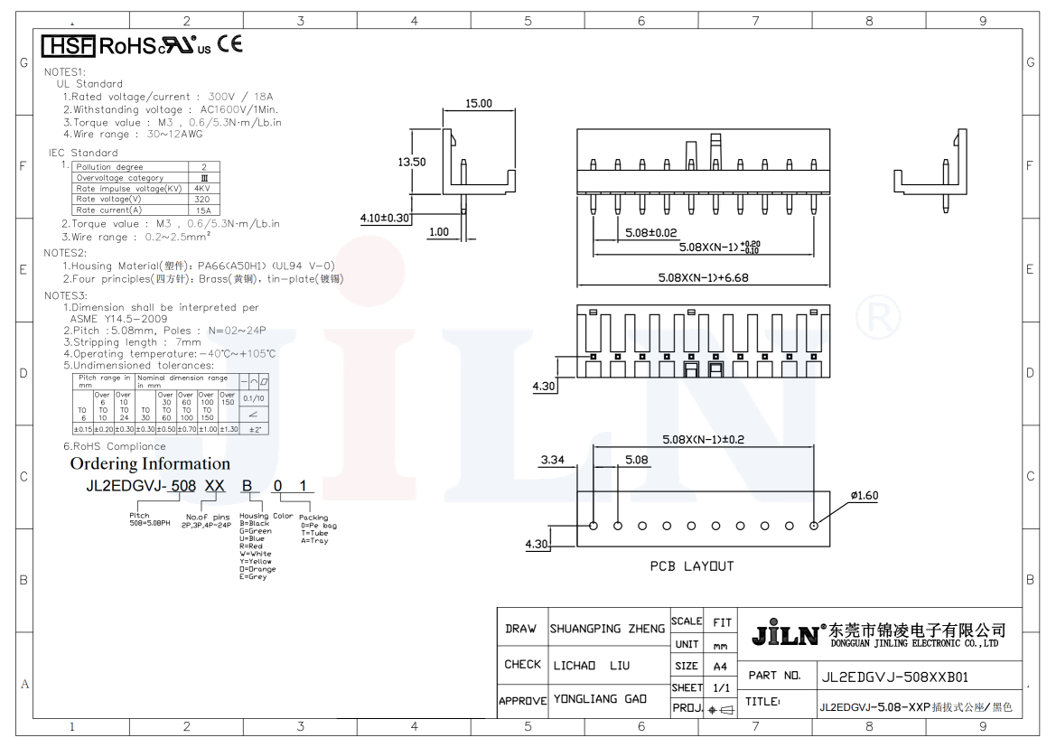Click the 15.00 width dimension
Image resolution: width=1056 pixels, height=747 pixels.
[479, 104]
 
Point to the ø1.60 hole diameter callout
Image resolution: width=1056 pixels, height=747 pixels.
[864, 495]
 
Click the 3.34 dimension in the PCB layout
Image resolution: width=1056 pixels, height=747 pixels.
[552, 460]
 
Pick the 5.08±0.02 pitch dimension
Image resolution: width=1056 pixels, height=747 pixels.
[650, 233]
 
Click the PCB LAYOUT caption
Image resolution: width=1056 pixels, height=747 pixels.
[692, 566]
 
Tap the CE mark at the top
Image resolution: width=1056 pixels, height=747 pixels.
[229, 43]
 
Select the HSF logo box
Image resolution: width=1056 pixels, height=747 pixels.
[69, 45]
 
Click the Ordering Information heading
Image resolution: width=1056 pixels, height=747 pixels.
[150, 463]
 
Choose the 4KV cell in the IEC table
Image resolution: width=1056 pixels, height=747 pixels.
[202, 189]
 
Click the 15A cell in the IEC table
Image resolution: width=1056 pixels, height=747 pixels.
[202, 210]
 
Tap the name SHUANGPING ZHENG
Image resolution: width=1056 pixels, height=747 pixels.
[607, 629]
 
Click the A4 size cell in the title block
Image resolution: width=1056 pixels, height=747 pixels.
[720, 667]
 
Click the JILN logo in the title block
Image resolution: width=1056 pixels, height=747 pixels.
[784, 632]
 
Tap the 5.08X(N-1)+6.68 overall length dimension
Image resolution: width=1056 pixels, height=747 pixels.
[702, 277]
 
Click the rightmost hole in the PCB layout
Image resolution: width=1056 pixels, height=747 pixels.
[815, 525]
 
